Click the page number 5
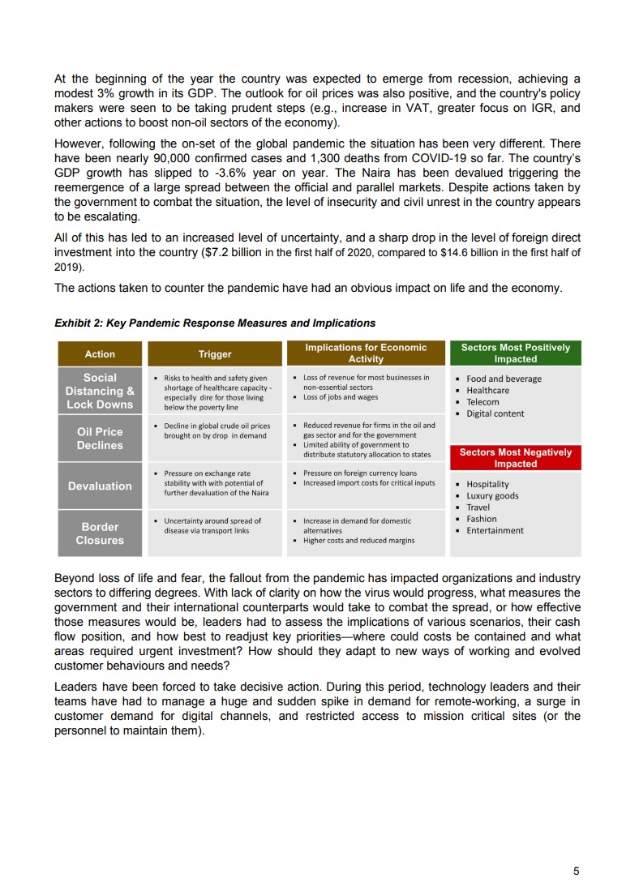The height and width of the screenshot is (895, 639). coord(576,871)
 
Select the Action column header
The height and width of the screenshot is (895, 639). coord(100,353)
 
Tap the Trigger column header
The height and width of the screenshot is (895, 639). coord(215,353)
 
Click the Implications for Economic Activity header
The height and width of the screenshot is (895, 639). coord(366,353)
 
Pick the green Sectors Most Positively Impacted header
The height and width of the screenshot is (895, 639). coord(515,353)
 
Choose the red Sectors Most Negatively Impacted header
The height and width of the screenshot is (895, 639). coord(515,458)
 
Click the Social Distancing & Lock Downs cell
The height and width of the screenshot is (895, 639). coord(100,391)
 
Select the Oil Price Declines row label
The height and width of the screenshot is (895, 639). coord(100,439)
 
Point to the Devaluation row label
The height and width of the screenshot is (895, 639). coord(100,486)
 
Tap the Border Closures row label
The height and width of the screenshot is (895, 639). coord(100,533)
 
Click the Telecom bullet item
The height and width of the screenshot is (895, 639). coord(482,402)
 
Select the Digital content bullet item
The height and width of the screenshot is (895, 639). coord(495,413)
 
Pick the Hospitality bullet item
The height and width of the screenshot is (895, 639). coord(487,485)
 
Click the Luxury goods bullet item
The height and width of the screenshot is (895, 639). coord(492,496)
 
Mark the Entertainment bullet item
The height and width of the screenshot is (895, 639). coord(495,530)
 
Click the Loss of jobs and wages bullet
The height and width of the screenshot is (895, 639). coord(340,397)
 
